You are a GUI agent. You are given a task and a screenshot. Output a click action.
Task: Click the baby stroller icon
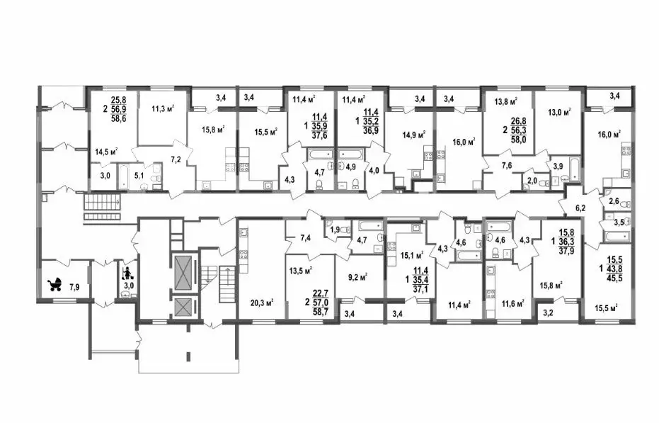(x=55, y=285)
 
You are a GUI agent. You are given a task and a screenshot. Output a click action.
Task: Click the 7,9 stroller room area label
(x=74, y=288)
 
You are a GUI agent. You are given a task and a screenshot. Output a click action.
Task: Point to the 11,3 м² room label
(x=163, y=108)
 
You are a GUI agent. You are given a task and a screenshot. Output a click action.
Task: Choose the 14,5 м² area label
(x=106, y=152)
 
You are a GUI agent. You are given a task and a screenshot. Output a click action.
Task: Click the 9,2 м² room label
(x=357, y=277)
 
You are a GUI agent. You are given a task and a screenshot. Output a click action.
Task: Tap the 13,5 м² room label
(x=301, y=271)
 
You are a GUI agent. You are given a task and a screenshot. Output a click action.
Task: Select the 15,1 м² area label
(x=411, y=254)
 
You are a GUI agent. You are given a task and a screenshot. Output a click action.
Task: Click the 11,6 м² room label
(x=512, y=303)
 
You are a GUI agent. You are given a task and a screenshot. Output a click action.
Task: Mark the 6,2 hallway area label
(x=580, y=208)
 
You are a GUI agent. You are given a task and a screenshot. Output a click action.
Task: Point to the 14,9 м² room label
(x=414, y=135)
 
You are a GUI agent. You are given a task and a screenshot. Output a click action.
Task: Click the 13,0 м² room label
(x=559, y=113)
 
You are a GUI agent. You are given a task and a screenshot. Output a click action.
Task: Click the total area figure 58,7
(x=321, y=312)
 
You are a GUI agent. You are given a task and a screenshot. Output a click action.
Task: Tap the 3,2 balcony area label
(x=548, y=312)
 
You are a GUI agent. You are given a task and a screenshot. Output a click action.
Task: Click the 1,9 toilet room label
(x=335, y=230)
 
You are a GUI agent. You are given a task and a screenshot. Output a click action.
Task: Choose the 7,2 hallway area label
(x=176, y=159)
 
